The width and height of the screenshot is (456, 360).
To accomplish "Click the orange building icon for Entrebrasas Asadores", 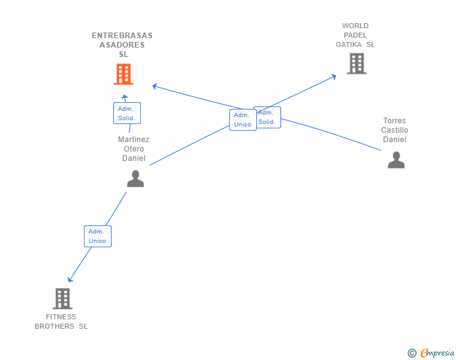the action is tap(123, 74).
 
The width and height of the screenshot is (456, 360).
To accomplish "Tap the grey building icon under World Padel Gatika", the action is tap(357, 63).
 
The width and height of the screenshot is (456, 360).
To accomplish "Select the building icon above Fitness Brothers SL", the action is tap(63, 299).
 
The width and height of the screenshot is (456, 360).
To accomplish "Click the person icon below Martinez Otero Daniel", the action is tap(135, 178).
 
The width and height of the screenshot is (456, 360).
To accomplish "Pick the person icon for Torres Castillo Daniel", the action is tap(396, 160).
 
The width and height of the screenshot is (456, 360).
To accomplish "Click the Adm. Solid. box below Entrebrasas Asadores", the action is tap(127, 113).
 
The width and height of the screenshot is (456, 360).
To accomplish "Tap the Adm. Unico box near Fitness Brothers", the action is tap(98, 236).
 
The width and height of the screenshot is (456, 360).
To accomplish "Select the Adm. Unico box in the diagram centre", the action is tap(243, 120).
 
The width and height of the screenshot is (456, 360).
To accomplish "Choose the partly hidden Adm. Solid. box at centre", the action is tap(269, 118).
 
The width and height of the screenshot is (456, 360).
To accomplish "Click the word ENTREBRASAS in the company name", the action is tap(122, 36).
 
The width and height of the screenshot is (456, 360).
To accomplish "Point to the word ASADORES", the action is tap(122, 45).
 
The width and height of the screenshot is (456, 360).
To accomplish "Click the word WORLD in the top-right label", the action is tap(355, 26).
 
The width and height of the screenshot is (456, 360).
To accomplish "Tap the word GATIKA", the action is tap(349, 44).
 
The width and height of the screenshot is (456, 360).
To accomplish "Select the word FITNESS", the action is tap(61, 317).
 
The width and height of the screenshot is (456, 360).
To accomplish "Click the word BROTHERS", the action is tap(54, 326).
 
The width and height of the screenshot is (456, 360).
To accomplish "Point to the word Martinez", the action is tap(134, 139).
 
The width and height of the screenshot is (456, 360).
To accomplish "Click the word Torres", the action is tap(395, 120).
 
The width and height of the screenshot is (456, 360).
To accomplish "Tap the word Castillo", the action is tap(395, 130).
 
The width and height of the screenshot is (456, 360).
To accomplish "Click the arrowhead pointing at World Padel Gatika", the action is tap(334, 76).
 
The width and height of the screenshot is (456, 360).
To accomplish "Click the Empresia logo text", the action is tap(437, 352).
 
